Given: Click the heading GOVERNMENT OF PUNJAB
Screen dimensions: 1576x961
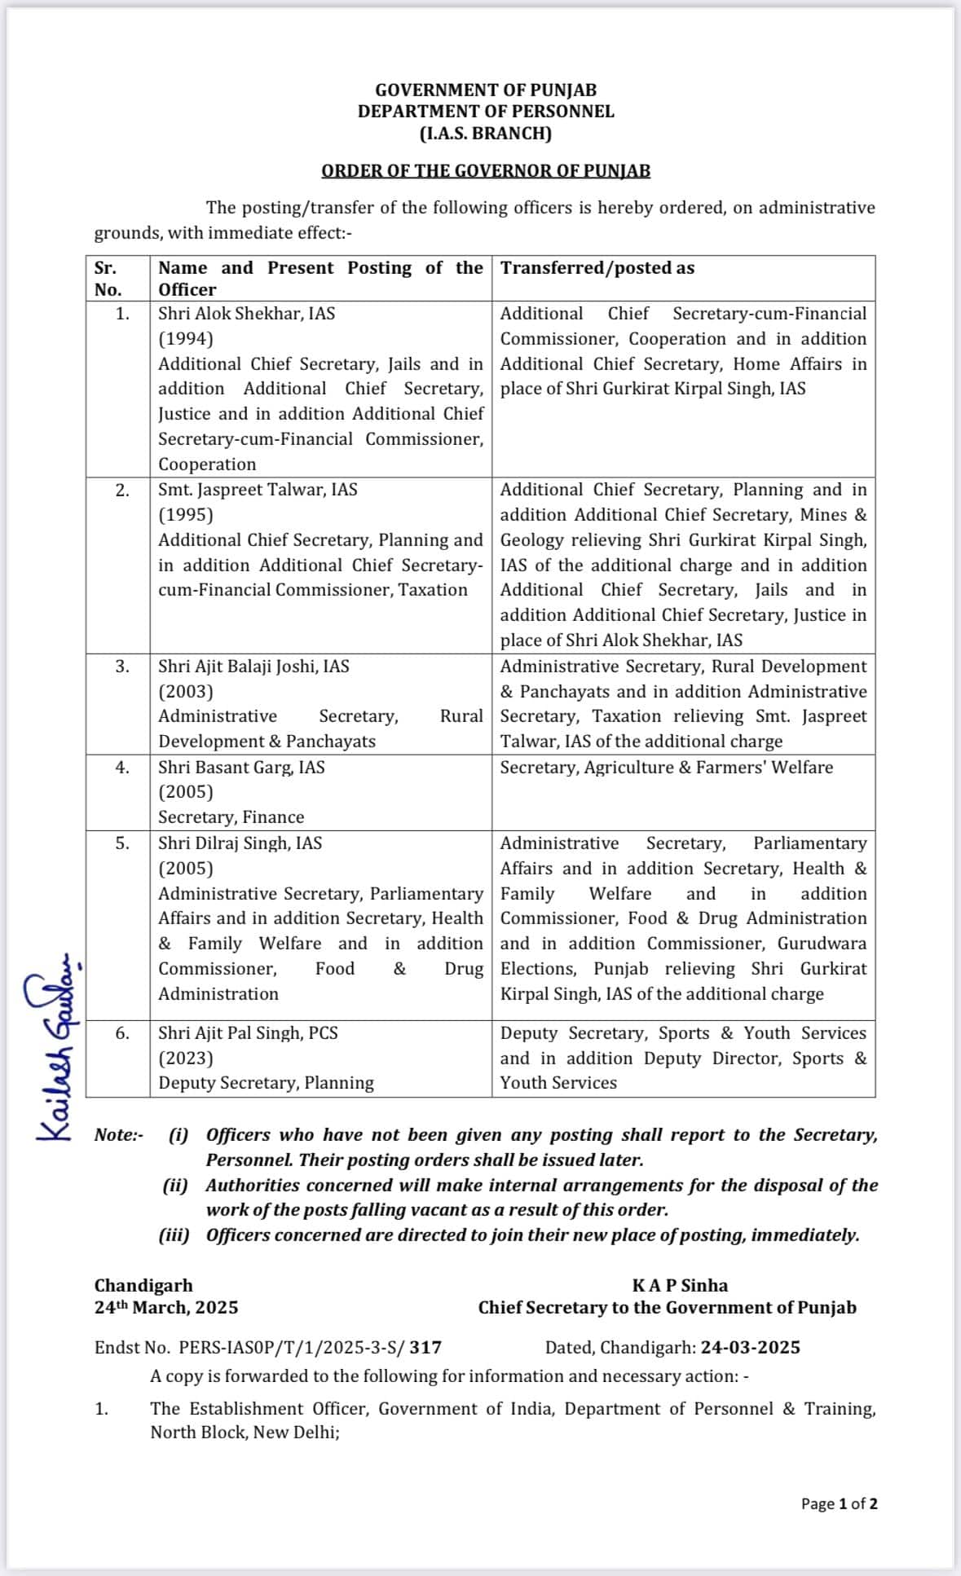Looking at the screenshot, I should coord(486,90).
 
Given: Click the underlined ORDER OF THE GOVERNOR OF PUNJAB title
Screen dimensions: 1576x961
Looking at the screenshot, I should coord(486,171).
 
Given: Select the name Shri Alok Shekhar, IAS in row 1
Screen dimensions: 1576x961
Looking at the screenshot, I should coord(246,314).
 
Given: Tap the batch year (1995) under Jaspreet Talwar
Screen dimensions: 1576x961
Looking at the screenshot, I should coord(186,515).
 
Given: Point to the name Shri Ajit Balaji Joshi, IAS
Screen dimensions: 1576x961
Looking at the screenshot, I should coord(253,667).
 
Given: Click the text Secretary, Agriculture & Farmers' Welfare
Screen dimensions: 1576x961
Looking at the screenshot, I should coord(666,768).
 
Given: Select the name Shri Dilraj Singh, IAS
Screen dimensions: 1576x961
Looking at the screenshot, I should coord(240,843).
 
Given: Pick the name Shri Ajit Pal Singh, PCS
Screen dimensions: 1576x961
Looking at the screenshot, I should coord(248,1033).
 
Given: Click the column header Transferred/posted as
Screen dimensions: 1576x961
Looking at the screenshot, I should coord(597,268).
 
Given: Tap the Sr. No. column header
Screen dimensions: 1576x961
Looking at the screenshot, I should coord(108,279).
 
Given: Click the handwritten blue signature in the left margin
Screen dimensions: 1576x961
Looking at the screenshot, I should coord(55,1047).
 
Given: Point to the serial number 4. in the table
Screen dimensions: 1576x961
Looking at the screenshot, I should coord(121,768).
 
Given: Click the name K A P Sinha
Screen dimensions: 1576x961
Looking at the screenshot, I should coord(680,1286).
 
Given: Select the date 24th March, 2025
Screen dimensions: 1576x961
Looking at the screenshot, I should coord(166,1308).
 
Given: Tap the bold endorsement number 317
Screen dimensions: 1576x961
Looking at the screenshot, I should coord(425,1348).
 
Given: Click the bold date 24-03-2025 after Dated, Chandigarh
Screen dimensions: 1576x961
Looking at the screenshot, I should coord(750,1348).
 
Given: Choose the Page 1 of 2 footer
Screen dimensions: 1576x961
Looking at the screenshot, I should coord(839,1504).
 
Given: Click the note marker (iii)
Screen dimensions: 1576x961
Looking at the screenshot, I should coord(174,1235).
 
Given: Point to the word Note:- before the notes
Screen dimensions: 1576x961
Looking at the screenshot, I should coord(119,1135).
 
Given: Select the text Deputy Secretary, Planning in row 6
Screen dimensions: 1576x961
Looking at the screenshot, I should coord(266,1083).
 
